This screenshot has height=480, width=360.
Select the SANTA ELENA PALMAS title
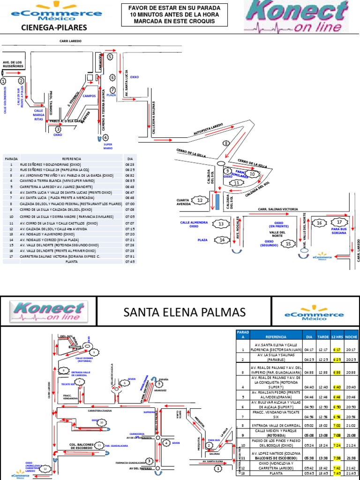tap(184, 311)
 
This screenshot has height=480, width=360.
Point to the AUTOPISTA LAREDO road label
tap(209, 130)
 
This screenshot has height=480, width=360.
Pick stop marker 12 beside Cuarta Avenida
tap(201, 201)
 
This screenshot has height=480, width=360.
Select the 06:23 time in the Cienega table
tap(130, 165)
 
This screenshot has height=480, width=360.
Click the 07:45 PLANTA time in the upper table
tap(130, 262)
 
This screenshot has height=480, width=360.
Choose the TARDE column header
tap(323, 337)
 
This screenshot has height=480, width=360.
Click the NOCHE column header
tap(351, 337)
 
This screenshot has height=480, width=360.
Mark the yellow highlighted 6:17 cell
tap(337, 349)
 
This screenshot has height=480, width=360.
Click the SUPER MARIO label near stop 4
tap(108, 146)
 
